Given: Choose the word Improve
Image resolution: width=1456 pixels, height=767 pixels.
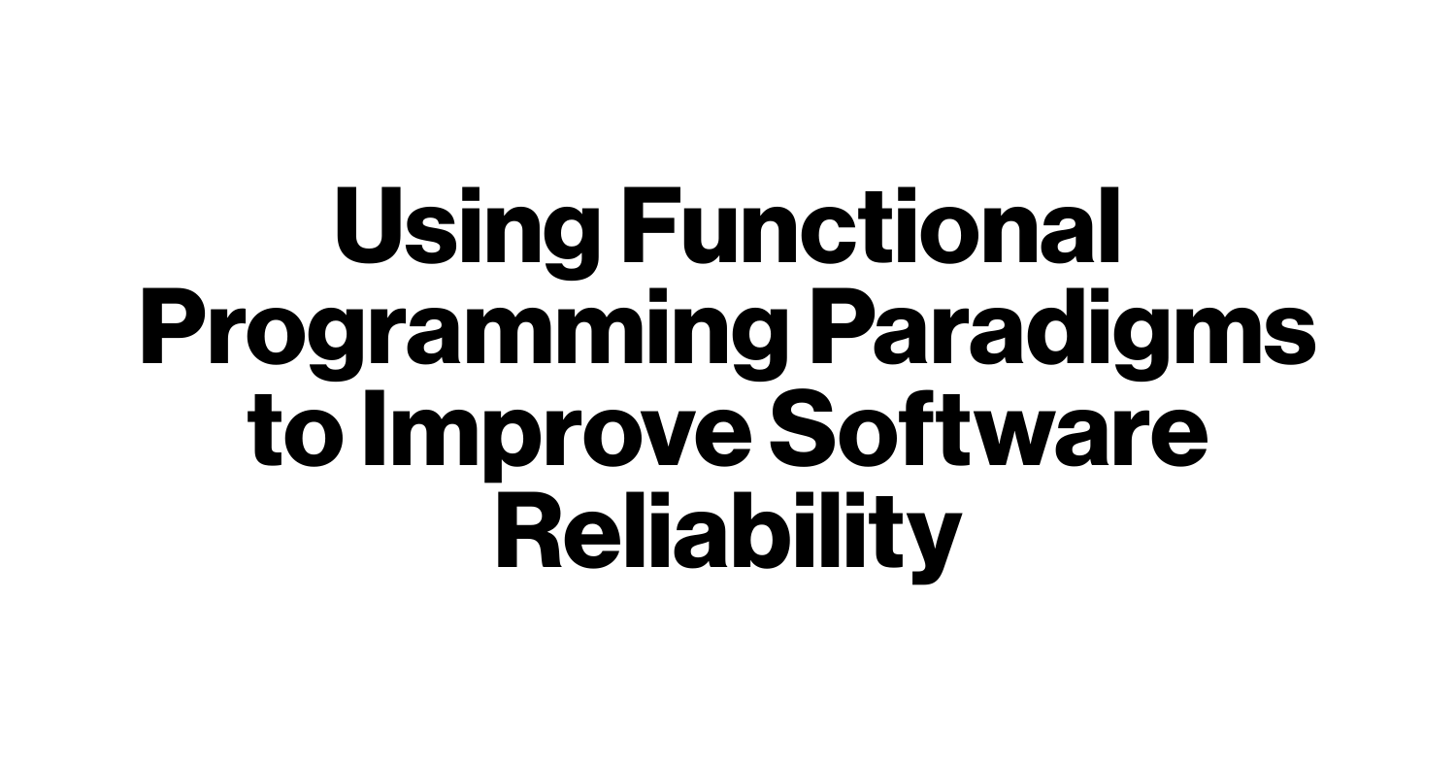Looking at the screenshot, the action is (x=557, y=437).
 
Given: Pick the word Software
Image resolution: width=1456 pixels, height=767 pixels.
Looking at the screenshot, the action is (x=989, y=428).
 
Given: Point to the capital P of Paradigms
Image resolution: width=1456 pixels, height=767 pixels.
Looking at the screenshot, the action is (x=843, y=326).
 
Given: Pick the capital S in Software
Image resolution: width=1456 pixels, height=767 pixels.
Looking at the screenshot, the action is (x=804, y=428).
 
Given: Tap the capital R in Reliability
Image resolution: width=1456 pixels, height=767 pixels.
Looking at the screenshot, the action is (x=530, y=530).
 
